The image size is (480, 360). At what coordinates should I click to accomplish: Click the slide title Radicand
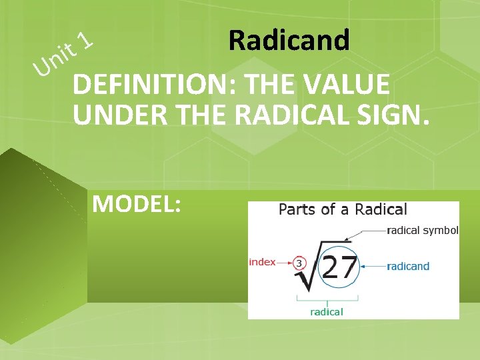(288, 41)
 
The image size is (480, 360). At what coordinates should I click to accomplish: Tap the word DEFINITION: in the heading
(155, 85)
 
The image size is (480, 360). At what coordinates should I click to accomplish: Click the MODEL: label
(137, 203)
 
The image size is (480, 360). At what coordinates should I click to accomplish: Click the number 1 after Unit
(85, 42)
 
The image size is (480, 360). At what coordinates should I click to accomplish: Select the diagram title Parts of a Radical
(342, 209)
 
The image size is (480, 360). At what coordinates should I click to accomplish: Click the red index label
(262, 262)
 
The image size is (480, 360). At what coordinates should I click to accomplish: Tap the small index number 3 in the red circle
(299, 263)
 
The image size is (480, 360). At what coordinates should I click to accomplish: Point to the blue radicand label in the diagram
(408, 266)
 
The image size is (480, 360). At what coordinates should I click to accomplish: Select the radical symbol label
(423, 231)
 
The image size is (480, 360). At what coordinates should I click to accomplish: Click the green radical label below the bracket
(326, 311)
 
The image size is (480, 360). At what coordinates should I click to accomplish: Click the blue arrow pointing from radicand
(374, 266)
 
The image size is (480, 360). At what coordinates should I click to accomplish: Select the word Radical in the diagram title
(381, 209)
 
